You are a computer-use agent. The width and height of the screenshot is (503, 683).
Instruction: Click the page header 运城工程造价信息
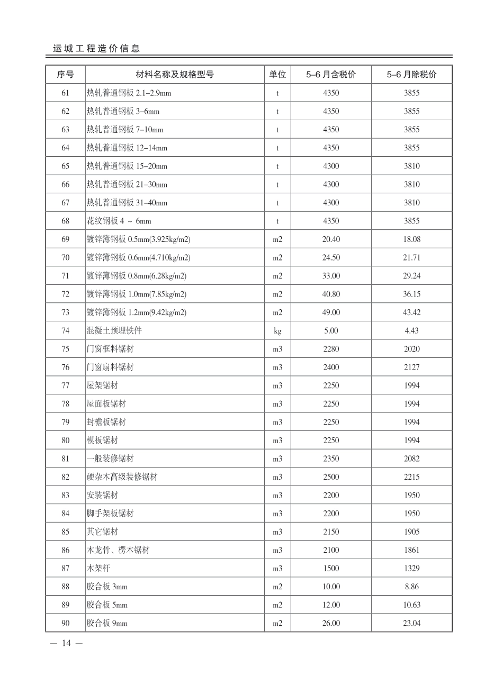tap(96, 48)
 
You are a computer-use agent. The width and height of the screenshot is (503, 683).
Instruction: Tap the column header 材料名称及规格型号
tap(175, 75)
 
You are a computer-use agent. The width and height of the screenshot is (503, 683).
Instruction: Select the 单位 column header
tap(277, 75)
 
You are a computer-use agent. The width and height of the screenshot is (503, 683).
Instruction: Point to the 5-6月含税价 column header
tap(331, 75)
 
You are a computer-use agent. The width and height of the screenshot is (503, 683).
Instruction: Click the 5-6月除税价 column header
tap(411, 75)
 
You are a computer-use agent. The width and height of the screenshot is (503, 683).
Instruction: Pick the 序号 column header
tap(65, 75)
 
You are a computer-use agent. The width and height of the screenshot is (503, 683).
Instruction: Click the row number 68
tap(65, 221)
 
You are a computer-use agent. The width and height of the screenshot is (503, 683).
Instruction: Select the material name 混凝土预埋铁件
tap(114, 331)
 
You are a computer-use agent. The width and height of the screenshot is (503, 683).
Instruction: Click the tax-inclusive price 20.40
tap(331, 239)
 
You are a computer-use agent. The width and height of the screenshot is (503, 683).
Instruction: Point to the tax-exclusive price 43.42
tap(411, 312)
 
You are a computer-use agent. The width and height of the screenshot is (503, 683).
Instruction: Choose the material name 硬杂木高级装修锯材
tap(122, 477)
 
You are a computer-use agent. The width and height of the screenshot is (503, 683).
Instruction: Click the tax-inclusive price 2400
tap(331, 367)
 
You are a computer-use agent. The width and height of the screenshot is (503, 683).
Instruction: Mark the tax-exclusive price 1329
tap(411, 569)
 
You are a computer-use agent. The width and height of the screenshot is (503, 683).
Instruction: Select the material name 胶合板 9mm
tap(107, 624)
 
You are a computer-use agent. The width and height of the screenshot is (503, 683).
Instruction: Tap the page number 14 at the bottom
tap(66, 643)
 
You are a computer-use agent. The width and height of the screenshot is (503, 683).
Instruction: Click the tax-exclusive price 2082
tap(411, 459)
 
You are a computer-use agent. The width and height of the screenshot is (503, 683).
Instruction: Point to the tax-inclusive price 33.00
tap(331, 276)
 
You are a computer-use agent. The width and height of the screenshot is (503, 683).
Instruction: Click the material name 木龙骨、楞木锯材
tap(118, 550)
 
